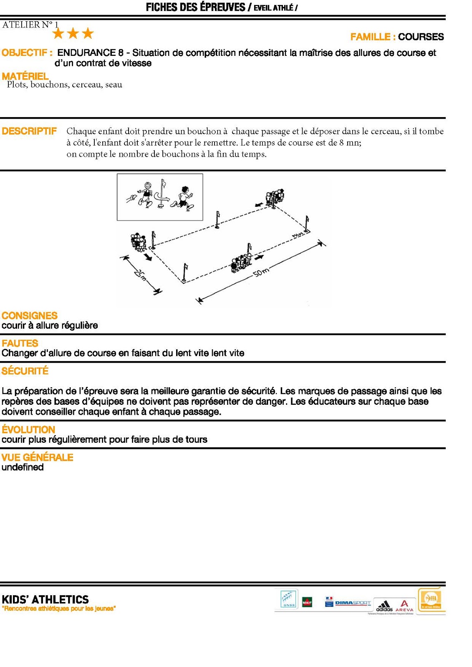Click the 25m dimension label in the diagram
141,276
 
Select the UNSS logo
289,599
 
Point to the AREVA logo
404,606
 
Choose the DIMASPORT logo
353,603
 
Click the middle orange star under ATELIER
73,33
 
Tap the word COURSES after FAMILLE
421,37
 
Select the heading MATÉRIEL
25,76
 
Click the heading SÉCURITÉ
25,371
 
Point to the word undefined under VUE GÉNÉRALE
23,467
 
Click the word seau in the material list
114,85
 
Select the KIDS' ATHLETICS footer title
45,599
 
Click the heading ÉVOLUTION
28,429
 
